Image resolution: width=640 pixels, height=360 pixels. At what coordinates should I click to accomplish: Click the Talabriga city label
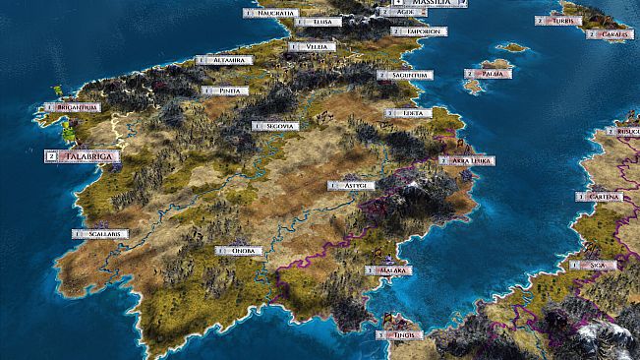(88, 155)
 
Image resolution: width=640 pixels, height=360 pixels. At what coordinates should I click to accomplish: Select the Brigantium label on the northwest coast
(76, 107)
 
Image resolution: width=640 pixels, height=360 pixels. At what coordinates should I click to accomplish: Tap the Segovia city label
(277, 126)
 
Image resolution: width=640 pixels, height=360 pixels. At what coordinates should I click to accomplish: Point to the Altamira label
(229, 60)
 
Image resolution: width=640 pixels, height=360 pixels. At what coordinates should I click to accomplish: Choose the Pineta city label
(228, 90)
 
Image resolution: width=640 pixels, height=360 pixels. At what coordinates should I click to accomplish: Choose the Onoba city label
(243, 251)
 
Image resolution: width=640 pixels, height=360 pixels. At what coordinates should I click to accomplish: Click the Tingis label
(399, 334)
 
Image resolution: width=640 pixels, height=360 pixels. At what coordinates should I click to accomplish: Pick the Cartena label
(604, 197)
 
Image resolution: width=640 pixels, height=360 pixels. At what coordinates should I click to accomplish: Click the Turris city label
(561, 21)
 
